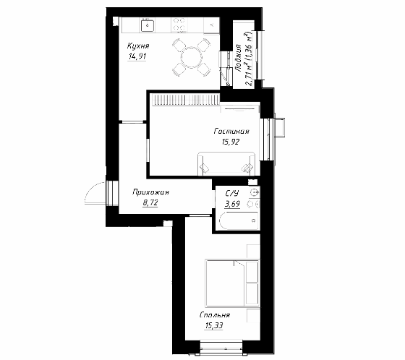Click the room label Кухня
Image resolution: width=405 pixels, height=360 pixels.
(x=138, y=46)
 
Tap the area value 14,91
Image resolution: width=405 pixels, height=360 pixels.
(x=137, y=56)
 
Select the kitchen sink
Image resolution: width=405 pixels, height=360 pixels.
(x=148, y=25)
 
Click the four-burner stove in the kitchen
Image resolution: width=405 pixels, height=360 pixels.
(x=179, y=25)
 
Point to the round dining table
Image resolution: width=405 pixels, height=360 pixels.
(x=192, y=57)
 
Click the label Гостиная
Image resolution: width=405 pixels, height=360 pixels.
(x=231, y=131)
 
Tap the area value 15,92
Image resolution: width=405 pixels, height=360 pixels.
(x=231, y=142)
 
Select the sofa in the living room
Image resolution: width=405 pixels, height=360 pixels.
(x=226, y=163)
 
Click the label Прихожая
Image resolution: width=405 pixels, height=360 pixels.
(x=150, y=192)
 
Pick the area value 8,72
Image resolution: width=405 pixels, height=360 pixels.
(x=150, y=202)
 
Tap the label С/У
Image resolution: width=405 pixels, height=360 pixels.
(x=232, y=194)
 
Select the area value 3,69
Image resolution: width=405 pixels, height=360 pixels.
(x=232, y=204)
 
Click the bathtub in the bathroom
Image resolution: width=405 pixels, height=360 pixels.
(x=239, y=221)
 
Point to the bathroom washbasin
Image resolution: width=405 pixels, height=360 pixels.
(x=255, y=192)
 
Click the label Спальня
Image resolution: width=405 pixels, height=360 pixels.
(x=215, y=315)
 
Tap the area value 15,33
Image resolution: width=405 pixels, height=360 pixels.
(x=214, y=325)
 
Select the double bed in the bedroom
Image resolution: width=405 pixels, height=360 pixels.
(x=232, y=283)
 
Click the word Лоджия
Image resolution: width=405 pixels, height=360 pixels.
(x=238, y=58)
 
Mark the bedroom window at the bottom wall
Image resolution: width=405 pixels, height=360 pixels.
(x=221, y=347)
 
